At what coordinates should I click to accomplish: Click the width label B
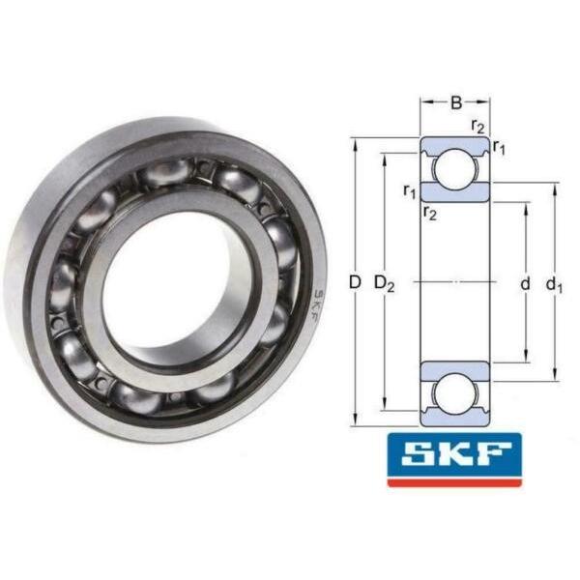click(456, 102)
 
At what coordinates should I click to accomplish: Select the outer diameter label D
click(355, 282)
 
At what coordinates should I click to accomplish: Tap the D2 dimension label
click(385, 283)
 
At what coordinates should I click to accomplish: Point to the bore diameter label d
click(525, 284)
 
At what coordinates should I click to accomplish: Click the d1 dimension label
click(554, 285)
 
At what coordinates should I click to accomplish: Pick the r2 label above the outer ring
click(478, 127)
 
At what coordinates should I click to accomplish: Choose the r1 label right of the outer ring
click(499, 148)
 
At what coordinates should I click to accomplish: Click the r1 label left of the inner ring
click(410, 192)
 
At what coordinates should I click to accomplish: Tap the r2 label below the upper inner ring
click(430, 214)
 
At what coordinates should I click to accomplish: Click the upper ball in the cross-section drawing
click(454, 169)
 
